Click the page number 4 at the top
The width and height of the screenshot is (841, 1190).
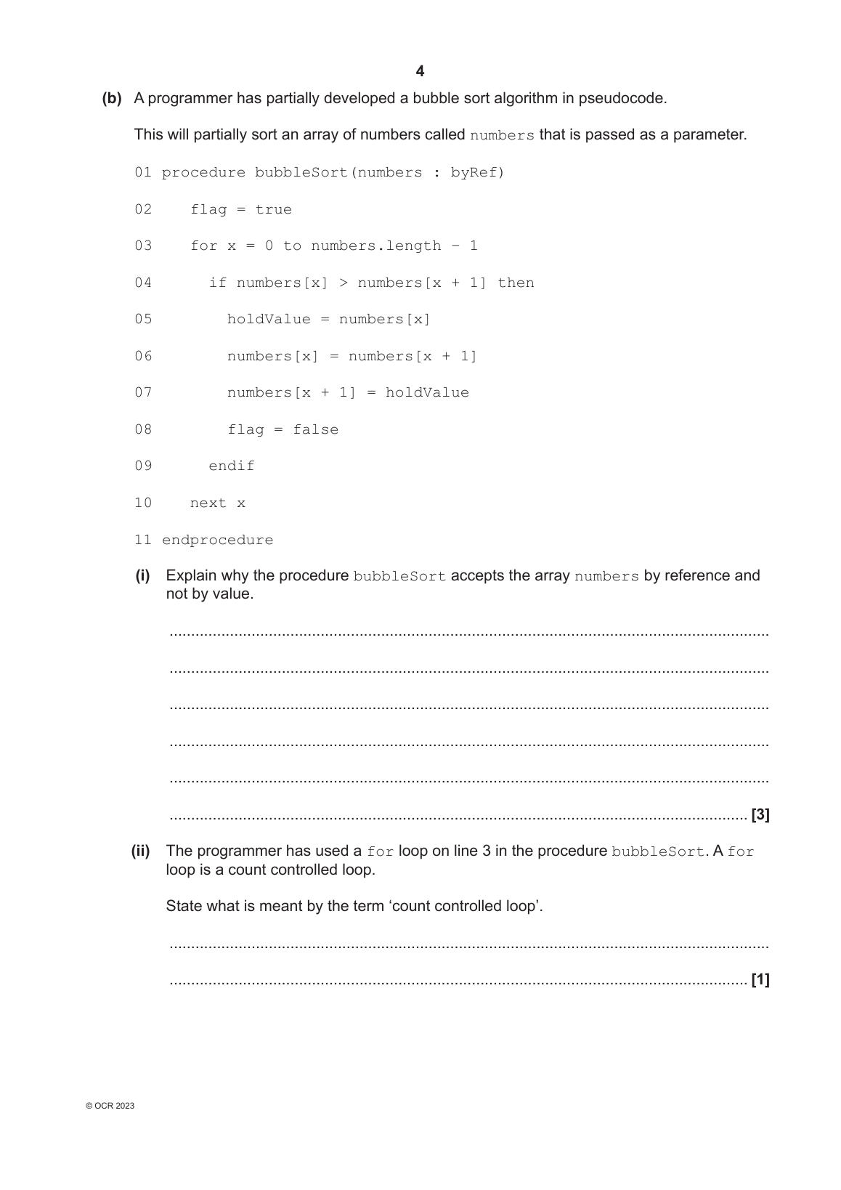pos(420,71)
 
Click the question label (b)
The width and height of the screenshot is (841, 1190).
pos(112,98)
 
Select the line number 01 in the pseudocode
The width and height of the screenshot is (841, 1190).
pos(143,173)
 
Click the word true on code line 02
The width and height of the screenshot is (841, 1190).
pos(273,210)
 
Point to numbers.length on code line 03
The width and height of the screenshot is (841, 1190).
pos(375,246)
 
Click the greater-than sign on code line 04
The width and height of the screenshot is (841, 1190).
pos(343,283)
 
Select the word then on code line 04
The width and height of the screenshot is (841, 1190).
pos(516,283)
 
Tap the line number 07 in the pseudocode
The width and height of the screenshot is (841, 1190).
pos(143,393)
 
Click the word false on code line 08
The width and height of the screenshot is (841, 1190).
pos(315,430)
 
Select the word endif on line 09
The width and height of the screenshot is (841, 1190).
pos(232,466)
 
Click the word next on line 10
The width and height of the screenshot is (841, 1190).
pos(208,503)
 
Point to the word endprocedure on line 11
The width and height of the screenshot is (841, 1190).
pos(217,541)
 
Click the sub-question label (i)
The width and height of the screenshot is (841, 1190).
pos(142,576)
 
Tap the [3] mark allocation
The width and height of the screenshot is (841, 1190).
pos(760,815)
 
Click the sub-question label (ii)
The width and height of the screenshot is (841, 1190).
pos(140,851)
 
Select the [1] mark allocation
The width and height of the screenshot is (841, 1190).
pos(760,981)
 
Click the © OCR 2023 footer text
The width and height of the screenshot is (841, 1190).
pos(110,1106)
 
